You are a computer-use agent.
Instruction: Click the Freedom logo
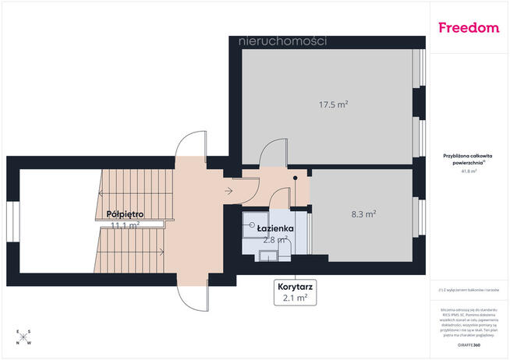[469, 28]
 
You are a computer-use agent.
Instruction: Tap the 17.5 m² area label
[333, 104]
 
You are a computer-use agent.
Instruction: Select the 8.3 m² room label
[364, 213]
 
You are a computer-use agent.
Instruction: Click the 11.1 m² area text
[125, 225]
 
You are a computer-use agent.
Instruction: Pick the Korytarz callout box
[293, 291]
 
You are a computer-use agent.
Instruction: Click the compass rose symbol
[24, 337]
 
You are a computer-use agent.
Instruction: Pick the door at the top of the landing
[192, 143]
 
